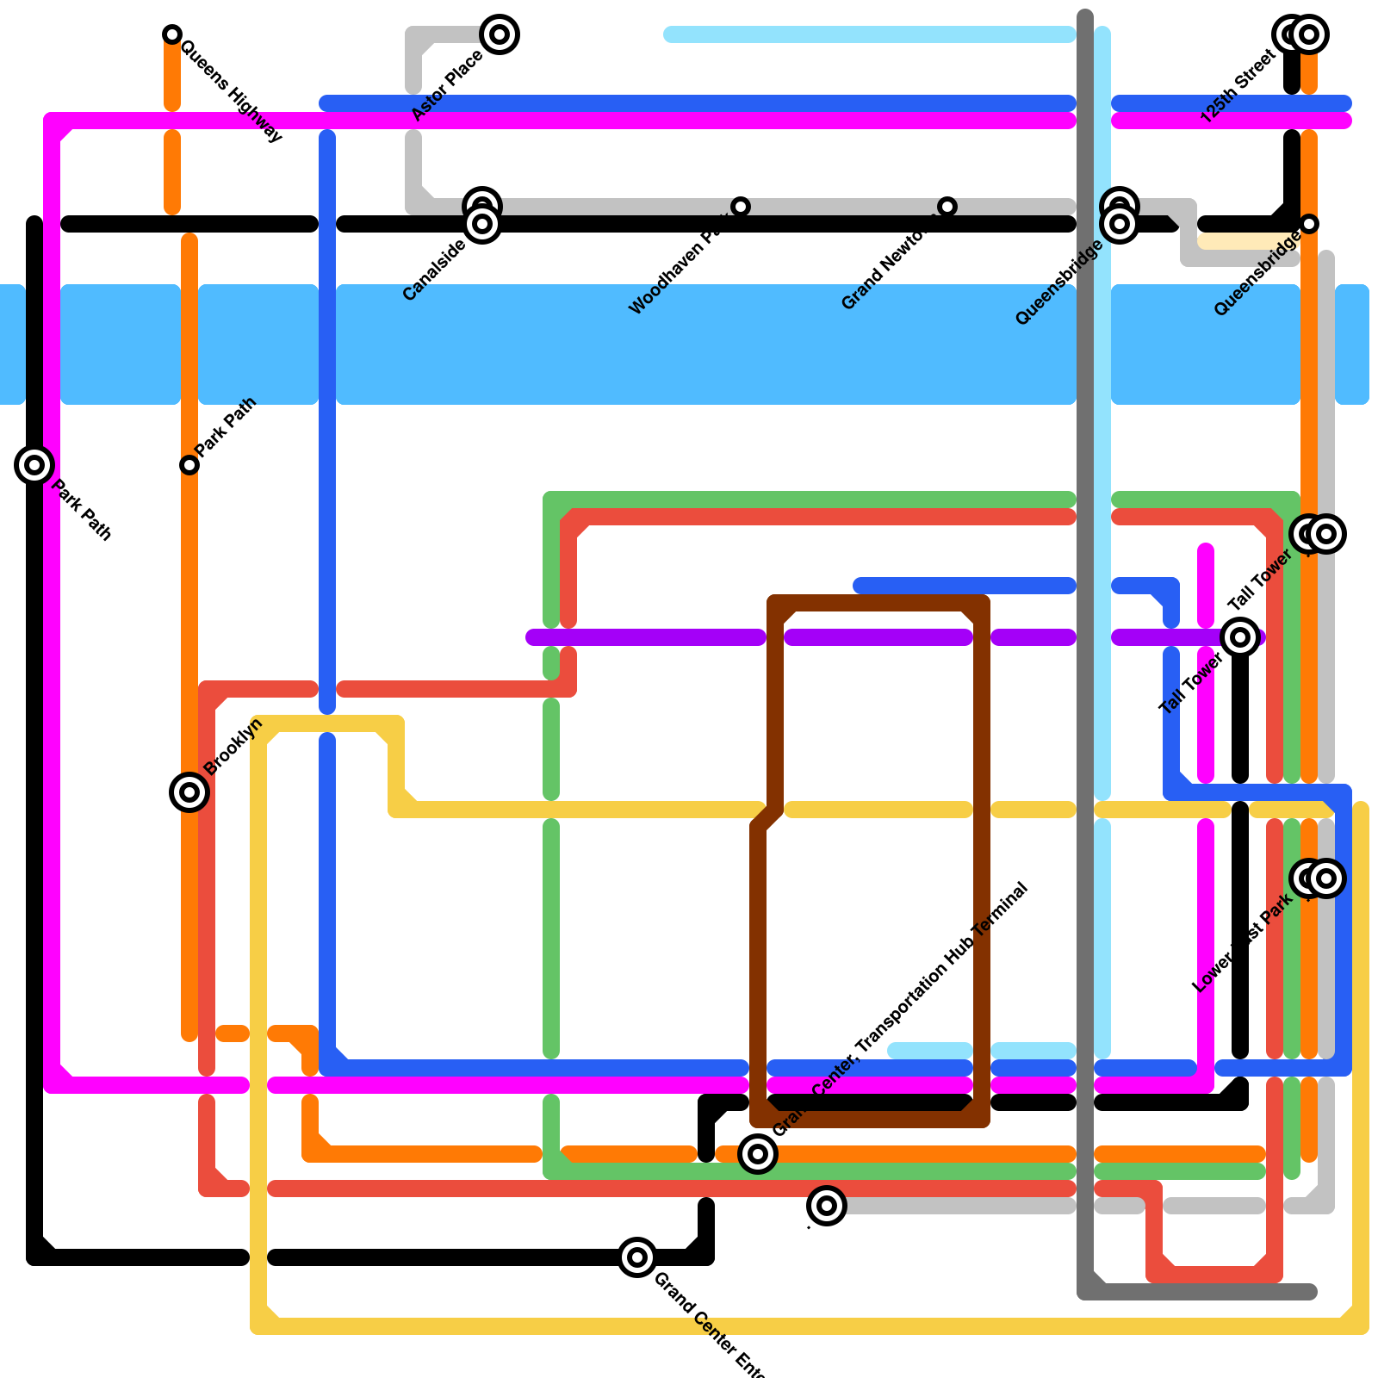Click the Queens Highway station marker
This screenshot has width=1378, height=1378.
pos(172,34)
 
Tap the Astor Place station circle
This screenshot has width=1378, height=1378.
pos(500,34)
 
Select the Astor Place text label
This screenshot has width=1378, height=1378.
pos(447,86)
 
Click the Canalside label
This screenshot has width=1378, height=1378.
pos(434,270)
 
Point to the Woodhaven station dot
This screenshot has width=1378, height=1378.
pos(741,207)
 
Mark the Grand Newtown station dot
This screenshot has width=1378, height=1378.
pos(947,207)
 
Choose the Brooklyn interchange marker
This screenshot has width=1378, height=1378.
pos(189,792)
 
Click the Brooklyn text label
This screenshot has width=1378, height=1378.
pos(233,747)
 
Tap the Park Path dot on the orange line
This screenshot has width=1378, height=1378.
pos(189,465)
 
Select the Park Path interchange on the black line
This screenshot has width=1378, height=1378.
pos(34,465)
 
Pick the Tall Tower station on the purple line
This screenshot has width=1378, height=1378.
pos(1240,637)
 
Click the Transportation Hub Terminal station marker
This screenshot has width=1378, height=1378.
pos(758,1154)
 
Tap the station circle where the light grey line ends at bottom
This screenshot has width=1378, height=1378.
pos(827,1206)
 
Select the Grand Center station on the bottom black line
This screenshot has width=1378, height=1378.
pos(637,1257)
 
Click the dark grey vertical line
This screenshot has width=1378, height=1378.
pos(1086,689)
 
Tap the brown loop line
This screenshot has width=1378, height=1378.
pos(981,861)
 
